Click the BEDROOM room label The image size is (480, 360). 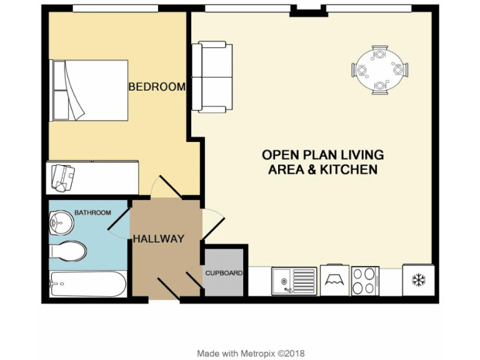pyautogui.click(x=156, y=87)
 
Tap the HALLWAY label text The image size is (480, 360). pyautogui.click(x=158, y=239)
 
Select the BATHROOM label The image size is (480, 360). pyautogui.click(x=92, y=213)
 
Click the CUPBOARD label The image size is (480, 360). pyautogui.click(x=224, y=273)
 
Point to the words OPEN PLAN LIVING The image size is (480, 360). pyautogui.click(x=322, y=154)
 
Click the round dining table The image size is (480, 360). pyautogui.click(x=380, y=70)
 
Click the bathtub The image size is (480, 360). pyautogui.click(x=87, y=284)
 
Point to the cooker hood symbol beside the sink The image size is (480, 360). pyautogui.click(x=332, y=281)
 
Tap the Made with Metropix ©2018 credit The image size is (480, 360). pyautogui.click(x=251, y=353)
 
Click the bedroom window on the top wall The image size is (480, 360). pyautogui.click(x=114, y=8)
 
